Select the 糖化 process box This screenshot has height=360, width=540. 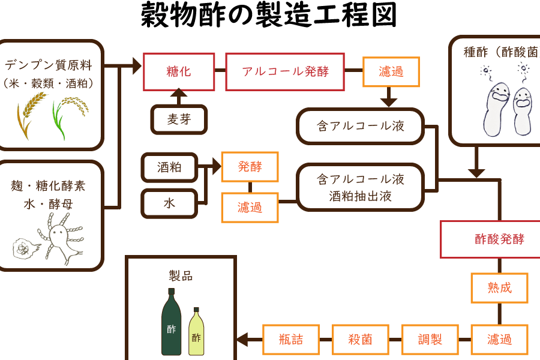(x=178, y=72)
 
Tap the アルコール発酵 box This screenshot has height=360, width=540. (x=286, y=72)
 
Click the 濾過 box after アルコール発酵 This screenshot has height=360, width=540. (x=391, y=72)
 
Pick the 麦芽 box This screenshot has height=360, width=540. (x=179, y=120)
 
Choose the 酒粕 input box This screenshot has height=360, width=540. (x=169, y=167)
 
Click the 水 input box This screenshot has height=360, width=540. (x=169, y=203)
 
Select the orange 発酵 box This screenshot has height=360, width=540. (x=250, y=167)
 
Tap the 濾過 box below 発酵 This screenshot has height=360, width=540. (x=250, y=208)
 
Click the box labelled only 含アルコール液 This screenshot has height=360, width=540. (x=361, y=126)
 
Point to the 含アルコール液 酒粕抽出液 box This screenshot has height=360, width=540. (x=361, y=187)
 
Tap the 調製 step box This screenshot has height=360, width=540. (x=430, y=340)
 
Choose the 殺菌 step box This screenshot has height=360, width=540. (x=360, y=340)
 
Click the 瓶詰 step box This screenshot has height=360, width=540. (x=291, y=340)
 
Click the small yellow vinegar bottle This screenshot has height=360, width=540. (x=196, y=331)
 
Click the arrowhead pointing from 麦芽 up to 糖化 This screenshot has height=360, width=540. (x=178, y=94)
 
